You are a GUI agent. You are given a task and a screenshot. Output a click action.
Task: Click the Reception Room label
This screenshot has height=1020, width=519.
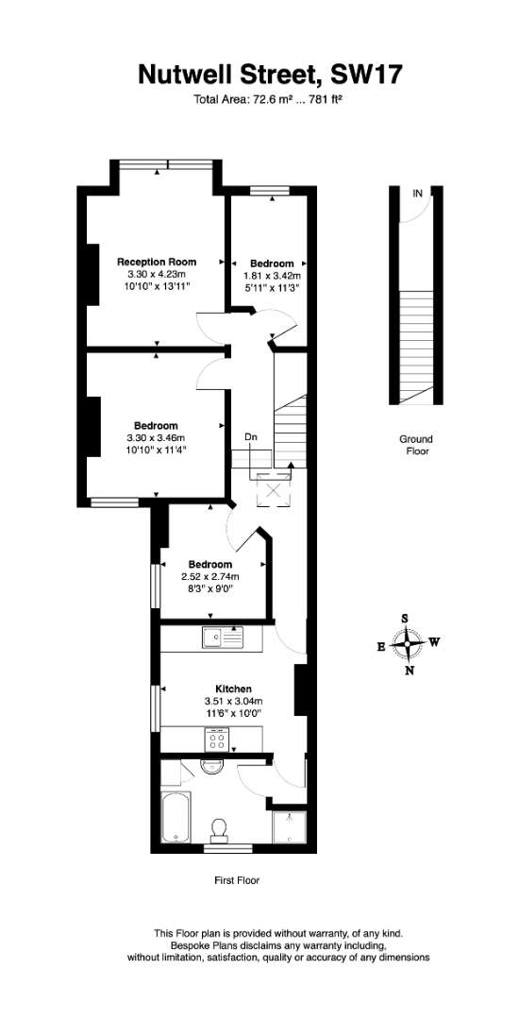(157, 263)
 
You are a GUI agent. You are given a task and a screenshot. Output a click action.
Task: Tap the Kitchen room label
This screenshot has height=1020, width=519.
(233, 688)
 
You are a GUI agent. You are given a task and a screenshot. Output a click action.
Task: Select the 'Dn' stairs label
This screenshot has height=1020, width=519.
(251, 437)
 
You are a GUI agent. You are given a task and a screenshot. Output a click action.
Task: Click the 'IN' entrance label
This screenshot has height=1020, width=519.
(417, 194)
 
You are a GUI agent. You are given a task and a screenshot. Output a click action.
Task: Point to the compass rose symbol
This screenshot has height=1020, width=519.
(407, 644)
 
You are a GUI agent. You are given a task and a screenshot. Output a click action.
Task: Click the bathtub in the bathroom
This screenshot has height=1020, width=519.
(176, 818)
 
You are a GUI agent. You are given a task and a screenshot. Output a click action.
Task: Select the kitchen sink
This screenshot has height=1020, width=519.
(222, 638)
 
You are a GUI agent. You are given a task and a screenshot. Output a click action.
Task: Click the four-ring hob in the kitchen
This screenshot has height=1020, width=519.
(217, 739)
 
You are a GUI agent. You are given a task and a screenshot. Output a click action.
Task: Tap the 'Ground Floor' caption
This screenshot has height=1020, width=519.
(416, 445)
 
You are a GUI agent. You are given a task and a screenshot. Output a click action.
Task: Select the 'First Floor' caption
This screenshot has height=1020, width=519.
(237, 881)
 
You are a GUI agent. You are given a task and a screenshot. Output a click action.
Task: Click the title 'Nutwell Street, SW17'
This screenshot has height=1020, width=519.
(270, 74)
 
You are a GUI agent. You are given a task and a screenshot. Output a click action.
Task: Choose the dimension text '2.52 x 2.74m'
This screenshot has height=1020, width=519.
(209, 576)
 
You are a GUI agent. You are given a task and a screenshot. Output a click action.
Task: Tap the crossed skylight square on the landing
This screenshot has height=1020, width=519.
(274, 489)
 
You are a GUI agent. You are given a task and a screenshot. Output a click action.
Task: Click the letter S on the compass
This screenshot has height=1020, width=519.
(405, 618)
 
